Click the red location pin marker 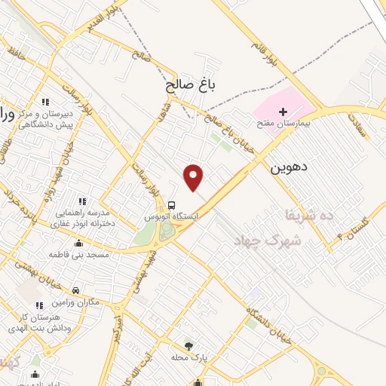coord(195,177)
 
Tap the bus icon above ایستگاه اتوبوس coord(173,204)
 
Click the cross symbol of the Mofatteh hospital coord(283,111)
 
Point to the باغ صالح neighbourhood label coord(191,87)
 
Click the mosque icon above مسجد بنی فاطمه coord(79,244)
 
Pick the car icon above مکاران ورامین coord(76,290)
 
